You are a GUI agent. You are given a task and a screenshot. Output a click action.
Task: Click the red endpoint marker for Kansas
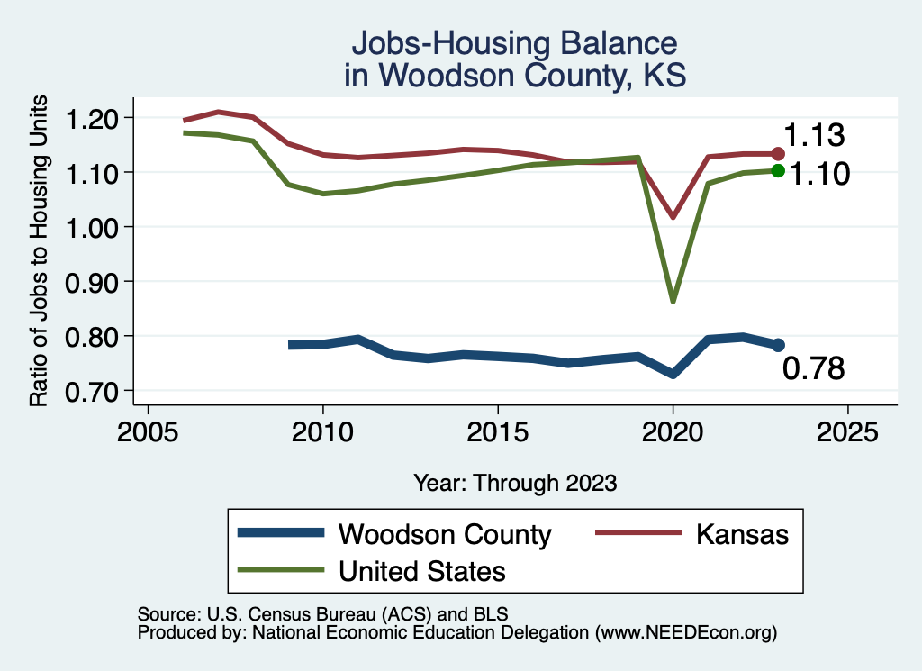click(x=778, y=154)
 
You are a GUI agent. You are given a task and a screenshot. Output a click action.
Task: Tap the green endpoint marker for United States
click(x=778, y=171)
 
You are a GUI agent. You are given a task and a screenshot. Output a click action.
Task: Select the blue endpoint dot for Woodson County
click(x=778, y=345)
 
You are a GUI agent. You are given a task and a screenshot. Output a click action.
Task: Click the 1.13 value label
click(x=813, y=136)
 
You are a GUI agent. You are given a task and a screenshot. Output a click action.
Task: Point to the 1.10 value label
click(x=819, y=174)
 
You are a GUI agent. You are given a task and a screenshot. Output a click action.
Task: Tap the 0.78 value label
click(x=813, y=368)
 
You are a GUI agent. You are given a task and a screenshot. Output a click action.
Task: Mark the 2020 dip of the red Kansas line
click(x=673, y=217)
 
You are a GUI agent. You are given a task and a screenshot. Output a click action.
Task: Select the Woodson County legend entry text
click(x=445, y=534)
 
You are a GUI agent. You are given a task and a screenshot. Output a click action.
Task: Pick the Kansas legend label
click(x=742, y=534)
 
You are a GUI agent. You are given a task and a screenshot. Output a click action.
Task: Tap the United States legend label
click(x=421, y=571)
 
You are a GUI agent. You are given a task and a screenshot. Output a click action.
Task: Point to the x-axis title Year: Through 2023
click(x=515, y=483)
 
